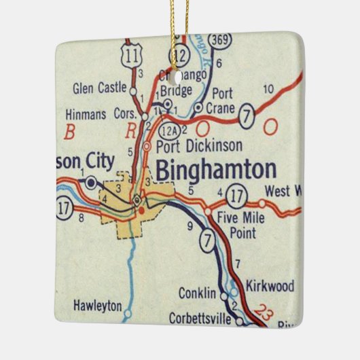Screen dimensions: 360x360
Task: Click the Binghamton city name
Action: tap(215, 170)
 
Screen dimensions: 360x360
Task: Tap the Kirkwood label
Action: tap(270, 286)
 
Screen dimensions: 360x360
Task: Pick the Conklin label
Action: tap(197, 293)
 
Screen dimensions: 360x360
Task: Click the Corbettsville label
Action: tap(198, 316)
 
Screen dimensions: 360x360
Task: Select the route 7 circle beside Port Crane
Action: tap(247, 118)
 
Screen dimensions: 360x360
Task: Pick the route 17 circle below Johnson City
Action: tap(65, 209)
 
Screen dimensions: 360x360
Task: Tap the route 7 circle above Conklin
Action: tap(207, 240)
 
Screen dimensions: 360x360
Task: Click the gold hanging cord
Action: tap(181, 20)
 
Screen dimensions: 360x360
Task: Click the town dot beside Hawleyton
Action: tap(127, 315)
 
